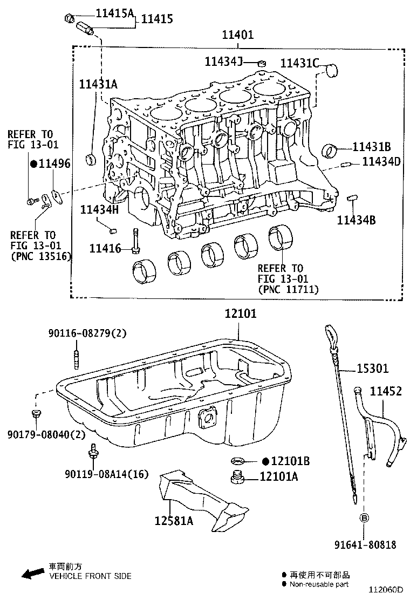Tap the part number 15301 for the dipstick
tap(372, 369)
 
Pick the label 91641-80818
tap(364, 545)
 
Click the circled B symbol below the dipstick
tap(364, 518)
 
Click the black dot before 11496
tap(33, 164)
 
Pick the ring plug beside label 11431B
tap(330, 150)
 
